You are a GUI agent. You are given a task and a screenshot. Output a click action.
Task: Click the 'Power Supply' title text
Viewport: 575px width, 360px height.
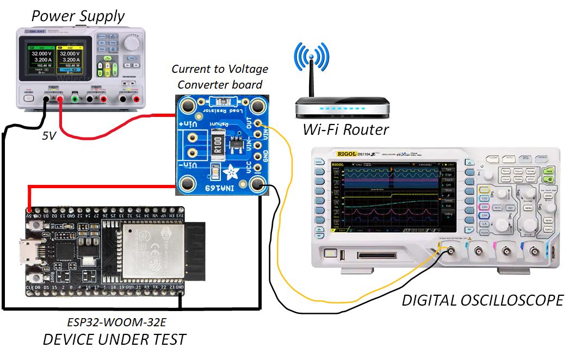[78, 16]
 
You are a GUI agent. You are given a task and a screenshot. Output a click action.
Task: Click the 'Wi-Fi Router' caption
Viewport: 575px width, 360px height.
[346, 129]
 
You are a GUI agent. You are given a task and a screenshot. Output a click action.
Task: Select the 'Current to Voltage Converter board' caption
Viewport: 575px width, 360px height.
[220, 77]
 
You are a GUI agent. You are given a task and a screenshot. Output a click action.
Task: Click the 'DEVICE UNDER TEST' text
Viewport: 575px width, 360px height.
[114, 340]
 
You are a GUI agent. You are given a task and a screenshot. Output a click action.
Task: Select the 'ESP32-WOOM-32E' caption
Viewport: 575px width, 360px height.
[114, 321]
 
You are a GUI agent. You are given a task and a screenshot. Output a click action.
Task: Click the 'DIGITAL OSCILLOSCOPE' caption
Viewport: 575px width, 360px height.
[483, 300]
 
